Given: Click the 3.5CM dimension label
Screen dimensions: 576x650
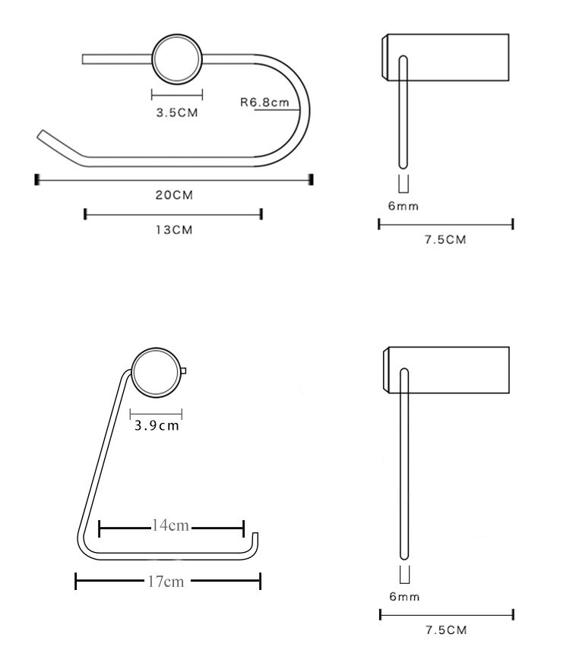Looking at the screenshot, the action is point(177,112).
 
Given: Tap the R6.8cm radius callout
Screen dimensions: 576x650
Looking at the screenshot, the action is point(264,103).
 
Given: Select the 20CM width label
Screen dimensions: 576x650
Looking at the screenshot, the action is point(174,195).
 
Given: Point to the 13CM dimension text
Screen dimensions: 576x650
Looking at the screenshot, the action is point(174,229).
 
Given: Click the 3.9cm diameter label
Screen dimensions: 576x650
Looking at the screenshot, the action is point(157,426).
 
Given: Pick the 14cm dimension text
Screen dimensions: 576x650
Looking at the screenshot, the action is point(170,525).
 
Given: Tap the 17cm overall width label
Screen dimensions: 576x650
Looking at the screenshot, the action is point(166,582).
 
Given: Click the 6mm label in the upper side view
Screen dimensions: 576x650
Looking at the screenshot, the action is point(404,206).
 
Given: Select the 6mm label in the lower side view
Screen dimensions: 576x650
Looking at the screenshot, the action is point(404,597).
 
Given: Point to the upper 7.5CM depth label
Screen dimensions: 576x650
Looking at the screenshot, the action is point(445,240).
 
